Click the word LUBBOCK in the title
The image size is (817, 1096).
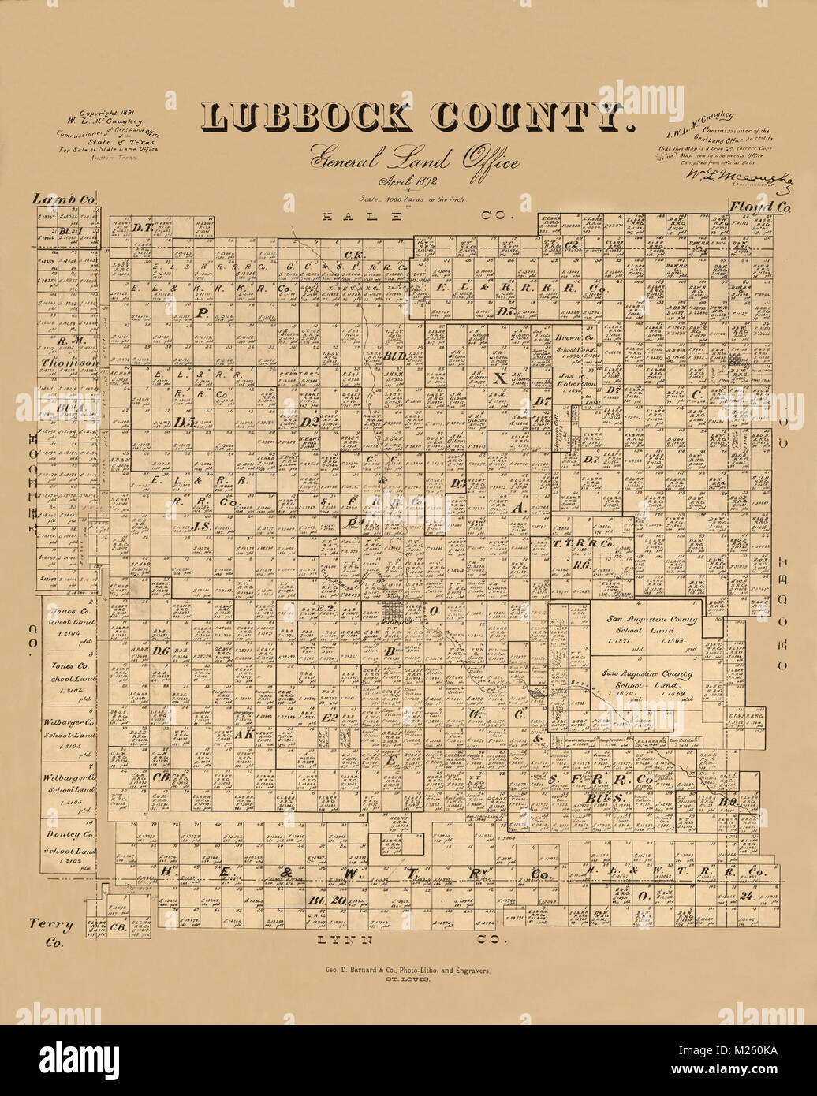(x=307, y=118)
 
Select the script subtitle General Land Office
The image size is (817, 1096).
(x=415, y=160)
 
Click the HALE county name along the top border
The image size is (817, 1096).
(x=341, y=216)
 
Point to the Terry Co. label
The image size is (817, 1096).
(x=51, y=931)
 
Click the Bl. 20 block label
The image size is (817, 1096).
(x=328, y=900)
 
